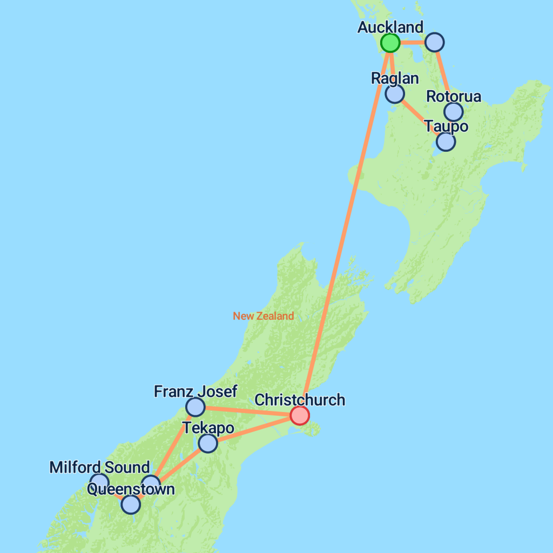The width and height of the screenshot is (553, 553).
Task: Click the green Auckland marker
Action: [x=390, y=42]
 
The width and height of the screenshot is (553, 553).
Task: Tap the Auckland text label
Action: [x=390, y=27]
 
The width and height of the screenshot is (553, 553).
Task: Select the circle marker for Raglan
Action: [x=395, y=94]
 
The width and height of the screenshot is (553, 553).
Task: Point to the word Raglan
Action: [x=395, y=78]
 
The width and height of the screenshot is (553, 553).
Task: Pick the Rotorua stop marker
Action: [x=454, y=112]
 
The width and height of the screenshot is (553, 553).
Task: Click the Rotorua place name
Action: [x=454, y=97]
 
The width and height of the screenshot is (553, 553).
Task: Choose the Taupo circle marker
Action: [x=446, y=141]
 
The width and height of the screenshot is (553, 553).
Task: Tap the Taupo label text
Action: [x=446, y=127]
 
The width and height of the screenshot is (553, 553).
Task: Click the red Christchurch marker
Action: [x=300, y=415]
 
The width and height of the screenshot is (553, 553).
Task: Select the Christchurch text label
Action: [x=300, y=400]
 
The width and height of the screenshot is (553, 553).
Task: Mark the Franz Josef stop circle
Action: [x=195, y=407]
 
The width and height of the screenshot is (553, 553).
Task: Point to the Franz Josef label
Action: [x=195, y=392]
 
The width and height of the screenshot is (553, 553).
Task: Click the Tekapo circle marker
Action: [x=208, y=443]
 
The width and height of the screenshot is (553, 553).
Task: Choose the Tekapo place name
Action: [x=208, y=429]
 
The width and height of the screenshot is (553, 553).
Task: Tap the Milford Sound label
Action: [x=99, y=468]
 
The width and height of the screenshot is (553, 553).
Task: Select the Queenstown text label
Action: [x=131, y=490]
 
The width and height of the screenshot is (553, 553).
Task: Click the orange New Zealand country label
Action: [x=264, y=316]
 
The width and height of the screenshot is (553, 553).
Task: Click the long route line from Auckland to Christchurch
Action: [x=346, y=227]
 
